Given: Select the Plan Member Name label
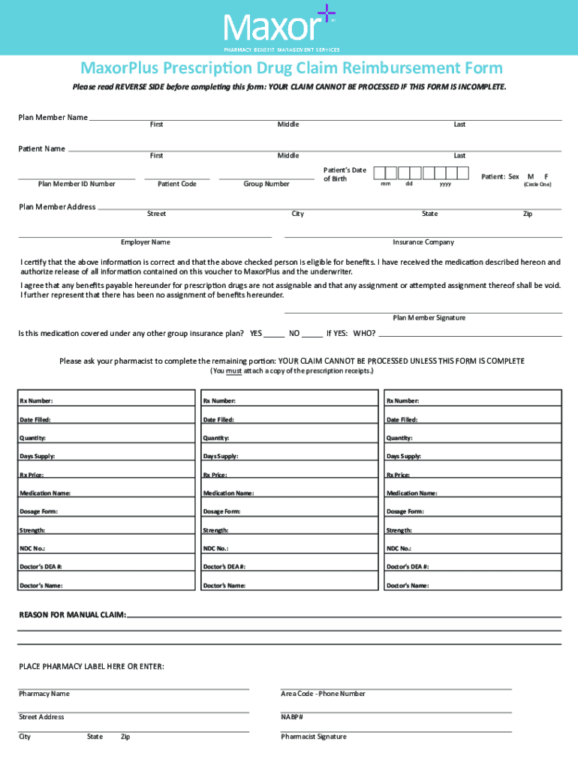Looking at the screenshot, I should [x=53, y=117].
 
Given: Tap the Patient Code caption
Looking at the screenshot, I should [x=177, y=184].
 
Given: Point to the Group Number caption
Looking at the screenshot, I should [x=266, y=184].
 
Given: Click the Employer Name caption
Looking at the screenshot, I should [x=146, y=242].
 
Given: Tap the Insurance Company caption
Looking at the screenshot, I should [x=423, y=242].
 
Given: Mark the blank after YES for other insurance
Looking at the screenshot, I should [x=274, y=333].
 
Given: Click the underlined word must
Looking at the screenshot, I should [x=233, y=371].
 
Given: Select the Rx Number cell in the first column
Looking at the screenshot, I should [x=104, y=400].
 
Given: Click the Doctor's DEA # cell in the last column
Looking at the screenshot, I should [x=473, y=566].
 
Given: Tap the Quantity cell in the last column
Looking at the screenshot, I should [x=473, y=437].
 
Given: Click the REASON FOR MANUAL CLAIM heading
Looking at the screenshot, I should [x=72, y=615].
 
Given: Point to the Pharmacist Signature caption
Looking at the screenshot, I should [x=314, y=736].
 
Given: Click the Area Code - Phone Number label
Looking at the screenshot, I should [x=323, y=694].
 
